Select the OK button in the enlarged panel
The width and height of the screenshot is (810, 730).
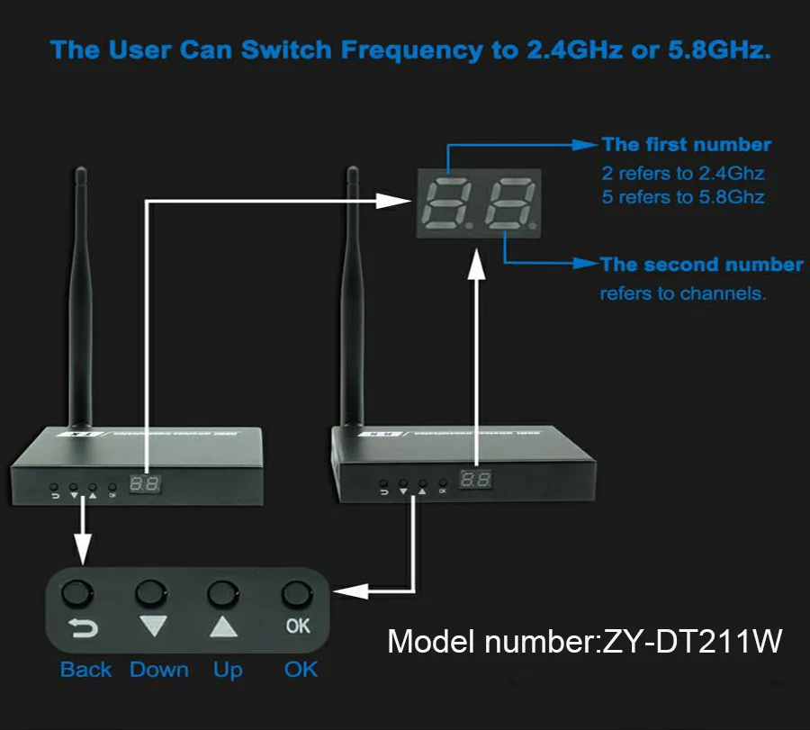(298, 594)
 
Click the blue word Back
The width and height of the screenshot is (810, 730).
(85, 670)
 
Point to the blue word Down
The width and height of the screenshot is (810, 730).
(159, 670)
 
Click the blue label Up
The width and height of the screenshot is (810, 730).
(228, 670)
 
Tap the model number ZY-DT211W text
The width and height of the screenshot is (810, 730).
(585, 642)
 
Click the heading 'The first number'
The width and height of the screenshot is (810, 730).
(686, 145)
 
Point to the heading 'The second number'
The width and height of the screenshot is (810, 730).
(701, 265)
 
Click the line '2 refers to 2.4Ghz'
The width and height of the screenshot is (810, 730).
(683, 173)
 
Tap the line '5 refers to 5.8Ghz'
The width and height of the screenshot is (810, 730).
(683, 196)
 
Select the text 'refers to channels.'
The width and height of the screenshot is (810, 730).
(683, 293)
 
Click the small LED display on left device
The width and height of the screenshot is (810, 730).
(144, 483)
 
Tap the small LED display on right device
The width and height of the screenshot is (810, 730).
(475, 480)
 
